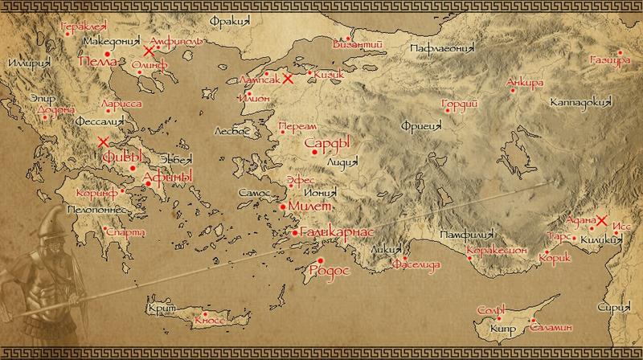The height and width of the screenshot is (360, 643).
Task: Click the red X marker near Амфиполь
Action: pos(149,50)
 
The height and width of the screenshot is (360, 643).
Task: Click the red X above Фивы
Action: pos(103,142)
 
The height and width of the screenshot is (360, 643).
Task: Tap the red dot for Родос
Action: pos(321,260)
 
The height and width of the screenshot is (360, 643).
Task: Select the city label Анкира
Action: pos(526,83)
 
